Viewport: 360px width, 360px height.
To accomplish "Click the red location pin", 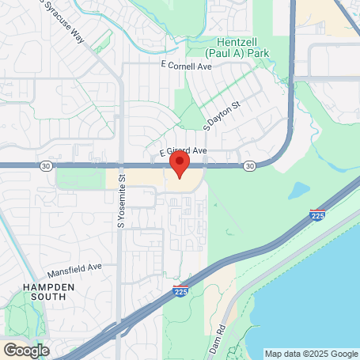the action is (x=180, y=165).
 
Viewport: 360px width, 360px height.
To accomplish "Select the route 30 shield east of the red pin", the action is (x=250, y=165).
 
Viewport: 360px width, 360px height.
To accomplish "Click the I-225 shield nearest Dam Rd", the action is (x=181, y=292).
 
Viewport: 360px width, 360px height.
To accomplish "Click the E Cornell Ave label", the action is (x=186, y=66).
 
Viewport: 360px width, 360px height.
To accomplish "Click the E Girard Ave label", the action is (x=183, y=150).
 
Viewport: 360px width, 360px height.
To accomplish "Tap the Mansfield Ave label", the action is (x=75, y=268).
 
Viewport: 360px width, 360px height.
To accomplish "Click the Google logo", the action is (x=25, y=350).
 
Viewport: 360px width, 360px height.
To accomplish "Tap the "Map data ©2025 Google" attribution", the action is (x=310, y=354).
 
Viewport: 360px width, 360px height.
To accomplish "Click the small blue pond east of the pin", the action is (x=299, y=190).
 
